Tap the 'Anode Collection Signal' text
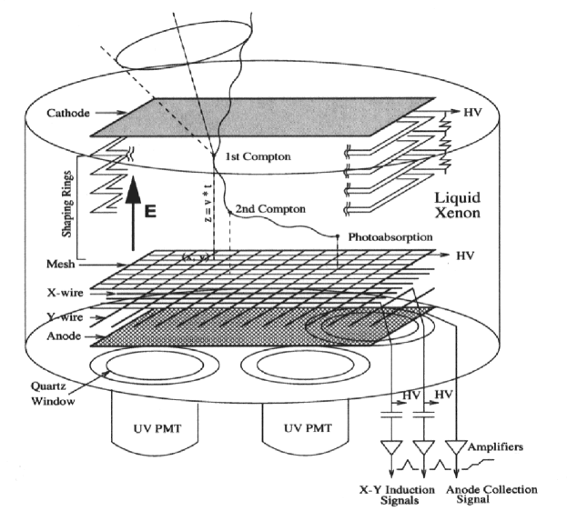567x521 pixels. tap(493, 496)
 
